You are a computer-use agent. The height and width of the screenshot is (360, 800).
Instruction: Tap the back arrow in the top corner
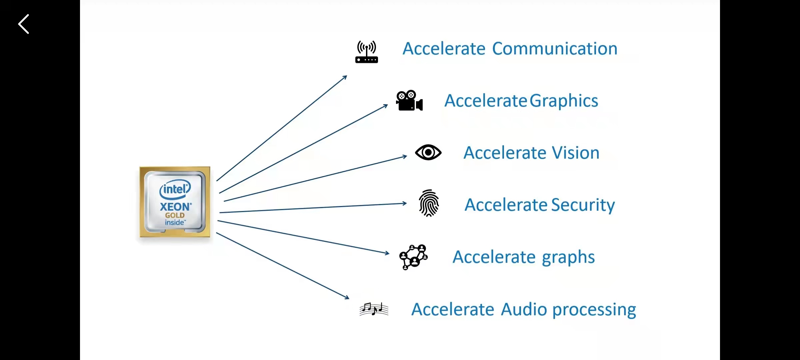[24, 24]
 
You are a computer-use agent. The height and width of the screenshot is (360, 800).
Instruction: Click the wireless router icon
[366, 52]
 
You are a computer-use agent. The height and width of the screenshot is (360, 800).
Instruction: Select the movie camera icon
[409, 100]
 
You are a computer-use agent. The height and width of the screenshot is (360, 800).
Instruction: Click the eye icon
[428, 152]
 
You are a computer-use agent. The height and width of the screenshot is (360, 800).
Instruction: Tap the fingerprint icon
[429, 203]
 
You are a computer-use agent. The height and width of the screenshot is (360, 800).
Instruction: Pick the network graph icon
[413, 257]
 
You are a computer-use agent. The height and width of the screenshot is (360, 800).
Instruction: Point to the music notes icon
[374, 309]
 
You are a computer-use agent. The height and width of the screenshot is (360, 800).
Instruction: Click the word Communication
[555, 49]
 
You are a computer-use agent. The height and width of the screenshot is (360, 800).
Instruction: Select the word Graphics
[564, 101]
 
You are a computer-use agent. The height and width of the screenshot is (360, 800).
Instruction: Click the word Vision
[576, 153]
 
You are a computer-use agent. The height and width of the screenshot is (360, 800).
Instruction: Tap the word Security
[583, 205]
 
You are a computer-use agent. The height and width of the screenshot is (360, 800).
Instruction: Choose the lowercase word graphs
[568, 257]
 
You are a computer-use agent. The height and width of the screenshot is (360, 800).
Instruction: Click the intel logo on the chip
[175, 189]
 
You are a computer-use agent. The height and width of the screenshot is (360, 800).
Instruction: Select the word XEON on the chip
[175, 207]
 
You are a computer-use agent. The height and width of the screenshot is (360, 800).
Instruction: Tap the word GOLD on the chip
[175, 215]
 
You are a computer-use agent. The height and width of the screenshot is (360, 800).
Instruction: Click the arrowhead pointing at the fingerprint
[404, 203]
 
